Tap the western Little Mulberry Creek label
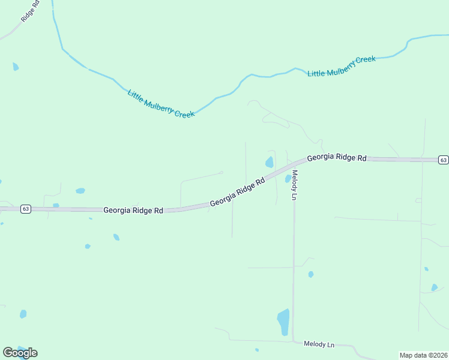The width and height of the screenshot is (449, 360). tap(161, 103)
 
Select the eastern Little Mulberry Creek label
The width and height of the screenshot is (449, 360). tap(342, 66)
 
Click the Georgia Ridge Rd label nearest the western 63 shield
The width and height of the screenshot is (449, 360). tap(133, 211)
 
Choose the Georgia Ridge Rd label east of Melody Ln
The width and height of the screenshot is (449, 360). tap(336, 158)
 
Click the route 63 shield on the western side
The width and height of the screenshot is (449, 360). tap(25, 209)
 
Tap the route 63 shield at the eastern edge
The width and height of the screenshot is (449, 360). tap(443, 160)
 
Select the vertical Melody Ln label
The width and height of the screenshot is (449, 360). tap(295, 185)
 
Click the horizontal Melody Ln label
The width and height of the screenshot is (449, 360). tap(319, 344)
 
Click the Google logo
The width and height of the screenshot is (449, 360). tap(20, 353)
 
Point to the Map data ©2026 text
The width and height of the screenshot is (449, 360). tap(423, 355)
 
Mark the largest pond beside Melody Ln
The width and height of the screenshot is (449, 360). tap(283, 322)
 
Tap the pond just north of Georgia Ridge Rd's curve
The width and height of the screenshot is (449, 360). tap(270, 162)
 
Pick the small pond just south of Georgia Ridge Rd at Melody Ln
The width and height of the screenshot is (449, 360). tap(288, 178)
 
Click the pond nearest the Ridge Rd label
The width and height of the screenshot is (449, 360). tap(16, 67)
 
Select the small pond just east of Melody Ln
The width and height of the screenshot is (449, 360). tap(311, 274)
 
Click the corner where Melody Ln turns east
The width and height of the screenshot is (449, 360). tap(294, 341)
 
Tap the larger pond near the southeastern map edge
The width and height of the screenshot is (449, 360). tap(434, 287)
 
